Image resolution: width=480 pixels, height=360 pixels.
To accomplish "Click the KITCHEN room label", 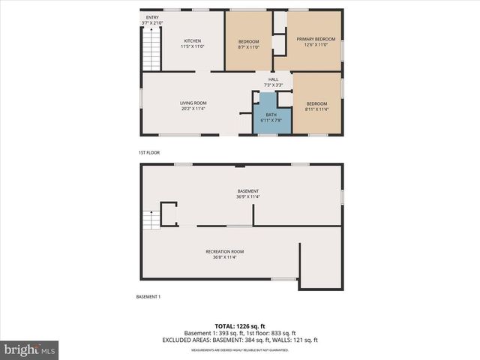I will (x=193, y=41).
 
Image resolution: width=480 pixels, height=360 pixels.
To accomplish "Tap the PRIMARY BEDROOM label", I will (x=316, y=38).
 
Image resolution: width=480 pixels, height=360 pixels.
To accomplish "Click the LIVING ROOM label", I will (x=193, y=103).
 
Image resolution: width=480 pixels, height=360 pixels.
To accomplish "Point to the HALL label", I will (x=274, y=79).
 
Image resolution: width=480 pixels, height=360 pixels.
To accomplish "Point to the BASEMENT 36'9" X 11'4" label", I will (x=247, y=192).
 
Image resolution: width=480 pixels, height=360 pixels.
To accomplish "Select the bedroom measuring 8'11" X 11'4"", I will (x=316, y=103).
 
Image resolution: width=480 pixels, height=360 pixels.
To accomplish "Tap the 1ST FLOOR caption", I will (x=147, y=153).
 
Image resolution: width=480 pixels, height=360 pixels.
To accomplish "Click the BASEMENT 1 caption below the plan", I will (x=148, y=297).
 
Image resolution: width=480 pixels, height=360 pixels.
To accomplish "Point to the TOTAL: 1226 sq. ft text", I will (x=240, y=326).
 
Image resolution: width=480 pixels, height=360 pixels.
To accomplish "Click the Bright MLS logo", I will (x=30, y=349).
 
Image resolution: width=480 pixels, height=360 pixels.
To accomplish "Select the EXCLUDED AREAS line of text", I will (x=240, y=340).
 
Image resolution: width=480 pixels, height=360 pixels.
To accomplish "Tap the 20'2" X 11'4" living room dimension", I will (x=193, y=109).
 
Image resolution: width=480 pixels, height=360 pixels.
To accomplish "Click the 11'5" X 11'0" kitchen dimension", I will (x=193, y=46).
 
